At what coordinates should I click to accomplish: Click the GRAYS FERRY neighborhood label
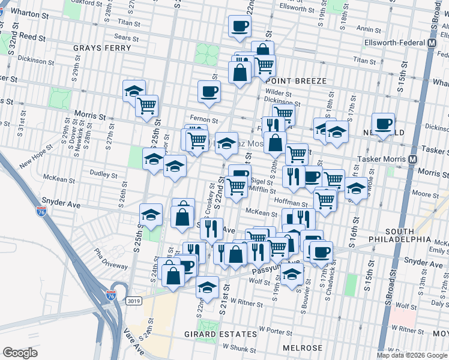tap(98, 47)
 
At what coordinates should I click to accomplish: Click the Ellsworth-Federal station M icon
tap(432, 44)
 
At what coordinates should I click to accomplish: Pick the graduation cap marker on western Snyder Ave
tap(151, 214)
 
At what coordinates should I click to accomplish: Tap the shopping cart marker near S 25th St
tap(146, 106)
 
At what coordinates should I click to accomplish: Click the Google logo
tap(20, 353)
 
